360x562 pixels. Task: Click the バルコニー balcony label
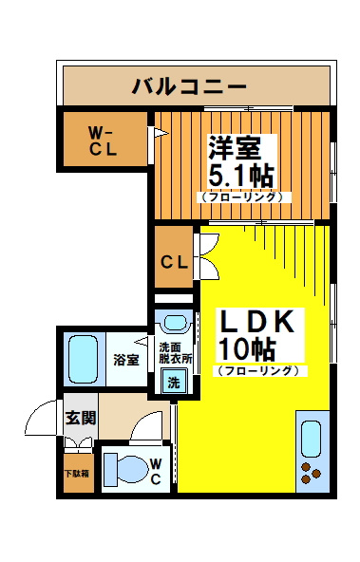[189, 86]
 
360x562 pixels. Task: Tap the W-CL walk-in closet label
[103, 141]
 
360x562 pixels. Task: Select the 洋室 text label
[235, 148]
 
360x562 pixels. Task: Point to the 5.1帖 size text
[241, 176]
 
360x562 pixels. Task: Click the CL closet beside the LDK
[174, 256]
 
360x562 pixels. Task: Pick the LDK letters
[257, 322]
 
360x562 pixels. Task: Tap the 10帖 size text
[247, 349]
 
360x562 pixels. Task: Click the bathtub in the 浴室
[84, 360]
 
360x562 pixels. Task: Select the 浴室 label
[126, 360]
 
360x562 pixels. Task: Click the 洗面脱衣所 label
[176, 353]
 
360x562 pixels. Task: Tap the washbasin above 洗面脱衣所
[175, 323]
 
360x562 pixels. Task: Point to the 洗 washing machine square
[174, 383]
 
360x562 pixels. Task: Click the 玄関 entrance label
[81, 418]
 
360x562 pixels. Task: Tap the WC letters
[155, 472]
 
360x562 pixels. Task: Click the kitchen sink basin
[311, 439]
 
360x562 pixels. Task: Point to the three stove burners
[311, 473]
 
